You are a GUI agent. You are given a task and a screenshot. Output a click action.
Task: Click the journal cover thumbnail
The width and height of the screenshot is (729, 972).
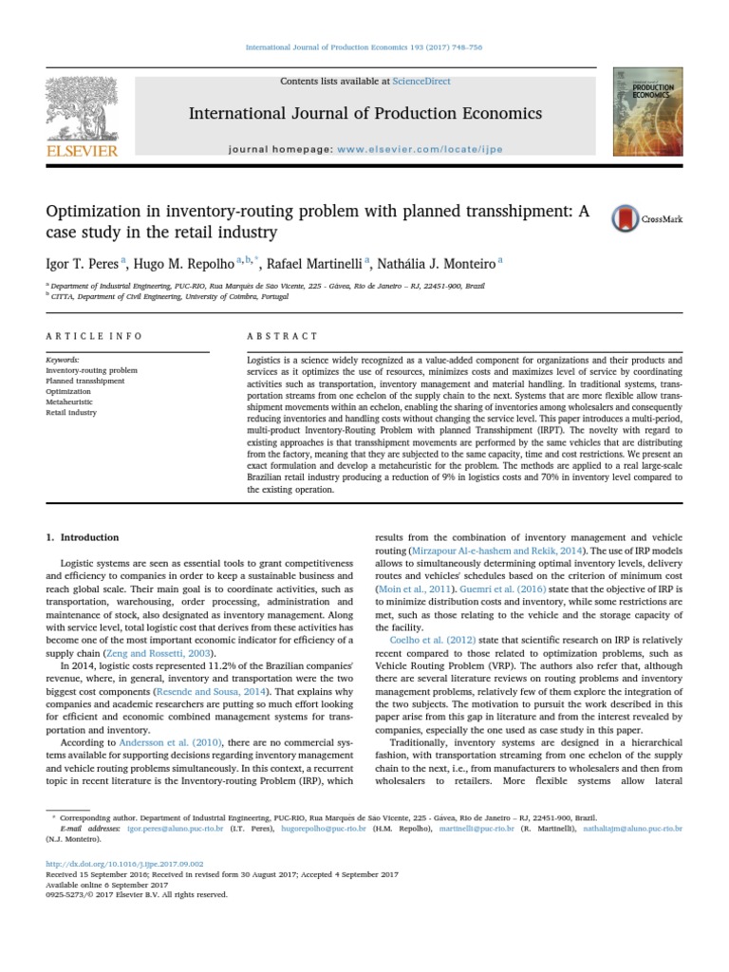(x=647, y=111)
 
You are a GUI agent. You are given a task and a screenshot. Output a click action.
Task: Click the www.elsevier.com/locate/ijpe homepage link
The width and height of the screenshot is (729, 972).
(x=420, y=150)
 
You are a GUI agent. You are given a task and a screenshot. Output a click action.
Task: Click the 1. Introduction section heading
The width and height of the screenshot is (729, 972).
(x=83, y=536)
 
